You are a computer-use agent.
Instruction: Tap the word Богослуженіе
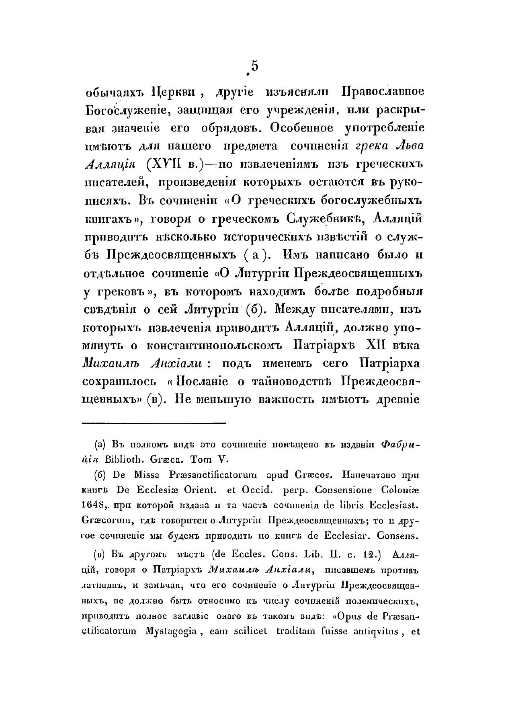pyautogui.click(x=129, y=110)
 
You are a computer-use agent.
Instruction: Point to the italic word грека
pyautogui.click(x=372, y=146)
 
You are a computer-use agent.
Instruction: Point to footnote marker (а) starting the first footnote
pyautogui.click(x=100, y=445)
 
